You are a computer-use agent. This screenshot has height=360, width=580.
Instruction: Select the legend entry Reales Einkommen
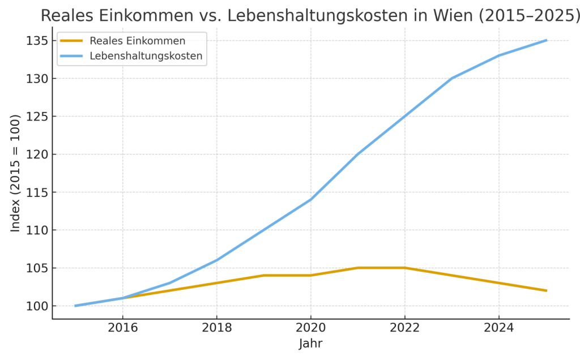(137, 41)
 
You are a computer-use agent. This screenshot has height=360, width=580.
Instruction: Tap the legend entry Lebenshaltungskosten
(146, 56)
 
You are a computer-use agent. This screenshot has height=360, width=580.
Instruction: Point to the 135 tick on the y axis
(35, 41)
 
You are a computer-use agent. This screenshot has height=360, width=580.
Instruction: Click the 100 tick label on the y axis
(35, 306)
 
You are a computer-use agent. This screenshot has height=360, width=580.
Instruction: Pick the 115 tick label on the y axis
(35, 192)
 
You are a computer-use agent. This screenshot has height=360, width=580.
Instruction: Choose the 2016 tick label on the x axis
(122, 327)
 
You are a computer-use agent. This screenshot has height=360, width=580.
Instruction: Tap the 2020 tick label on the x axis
(310, 327)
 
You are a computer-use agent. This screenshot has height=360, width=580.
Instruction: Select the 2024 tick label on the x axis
(498, 327)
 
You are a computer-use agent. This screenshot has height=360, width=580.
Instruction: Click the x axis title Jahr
(310, 344)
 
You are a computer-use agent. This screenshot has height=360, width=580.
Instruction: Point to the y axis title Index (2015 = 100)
(15, 173)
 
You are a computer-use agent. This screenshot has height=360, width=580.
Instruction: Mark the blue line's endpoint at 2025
(546, 40)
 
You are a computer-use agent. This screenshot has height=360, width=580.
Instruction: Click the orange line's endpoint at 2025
(546, 290)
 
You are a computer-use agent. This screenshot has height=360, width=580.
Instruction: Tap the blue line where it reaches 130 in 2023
(452, 78)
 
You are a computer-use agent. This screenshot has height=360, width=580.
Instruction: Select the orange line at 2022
(404, 268)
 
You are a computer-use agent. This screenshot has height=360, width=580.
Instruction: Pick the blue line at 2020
(310, 200)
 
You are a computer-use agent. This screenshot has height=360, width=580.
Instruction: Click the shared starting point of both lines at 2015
(75, 306)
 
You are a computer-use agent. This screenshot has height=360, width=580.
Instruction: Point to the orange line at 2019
(263, 276)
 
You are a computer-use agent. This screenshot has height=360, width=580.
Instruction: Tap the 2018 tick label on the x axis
(216, 327)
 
